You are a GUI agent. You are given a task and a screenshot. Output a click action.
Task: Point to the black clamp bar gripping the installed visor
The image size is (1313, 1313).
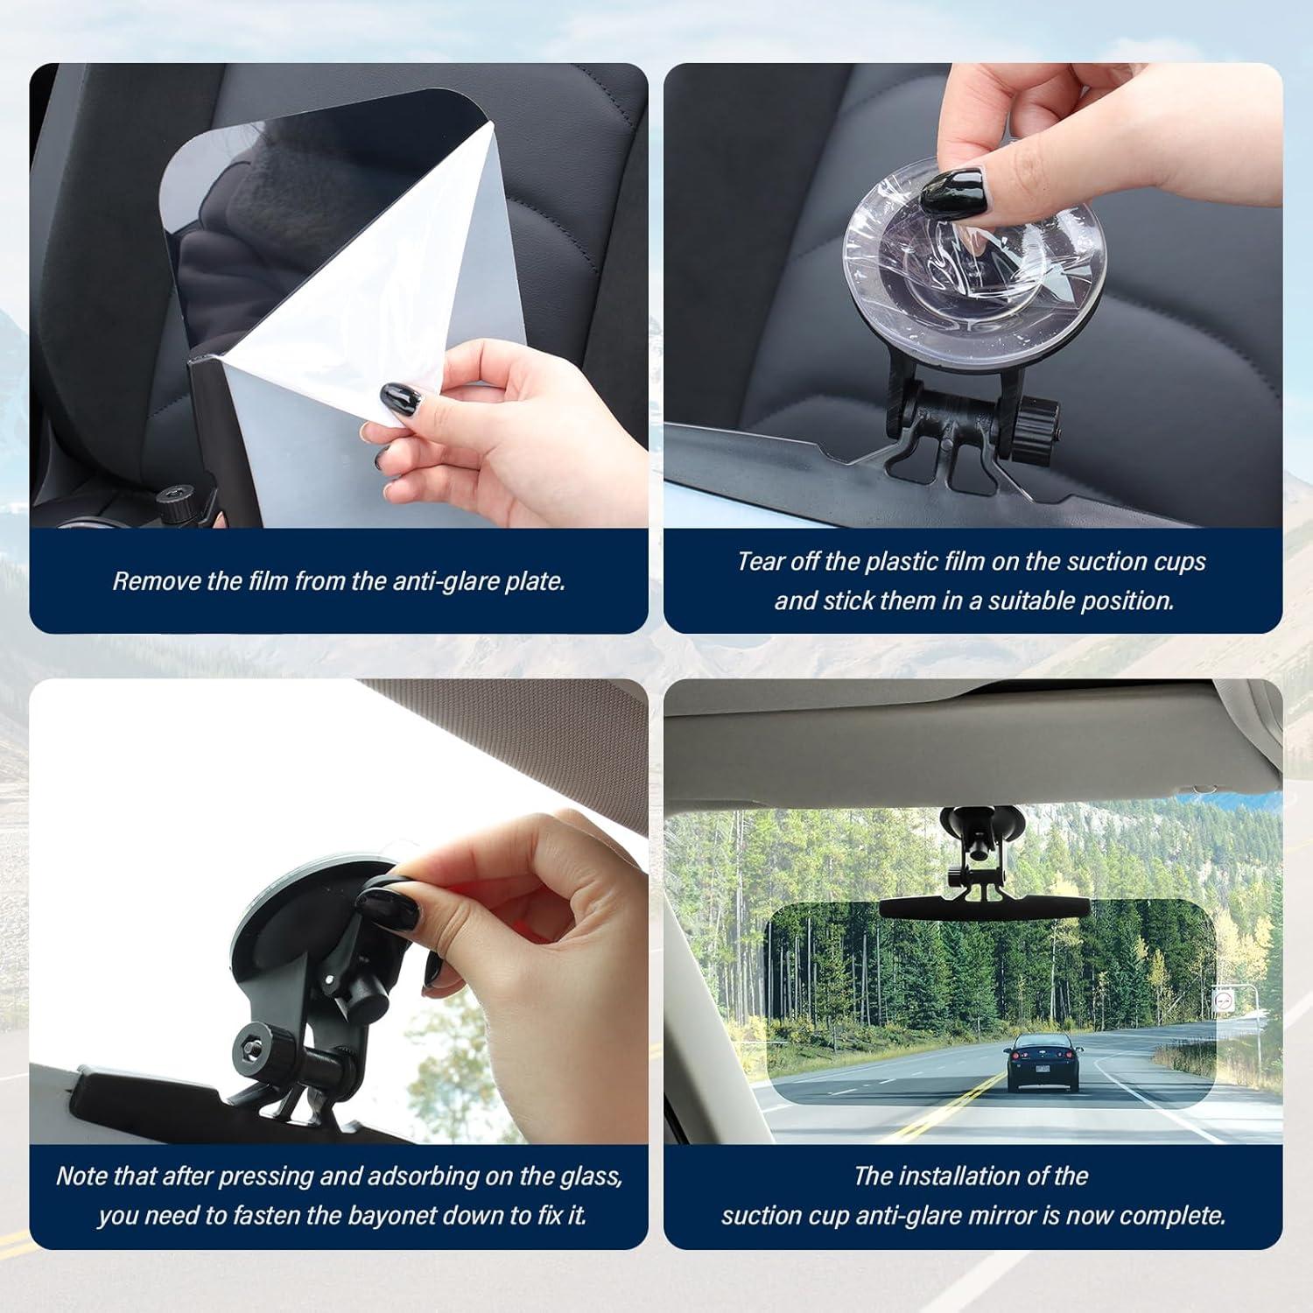[985, 906]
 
